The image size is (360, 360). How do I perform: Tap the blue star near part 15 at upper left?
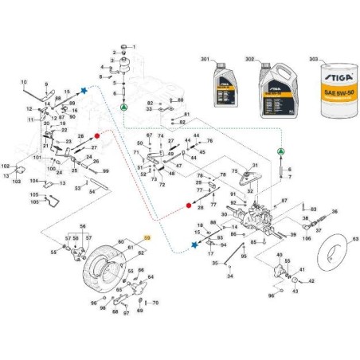(x=84, y=92)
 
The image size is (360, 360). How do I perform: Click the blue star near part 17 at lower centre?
(x=196, y=245)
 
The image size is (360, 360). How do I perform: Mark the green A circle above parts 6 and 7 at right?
(x=280, y=151)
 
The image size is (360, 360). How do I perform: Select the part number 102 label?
(x=6, y=166)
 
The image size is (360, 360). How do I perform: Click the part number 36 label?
(x=334, y=211)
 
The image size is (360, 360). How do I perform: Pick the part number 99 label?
(x=105, y=170)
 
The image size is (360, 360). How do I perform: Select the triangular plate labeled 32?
(x=253, y=177)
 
